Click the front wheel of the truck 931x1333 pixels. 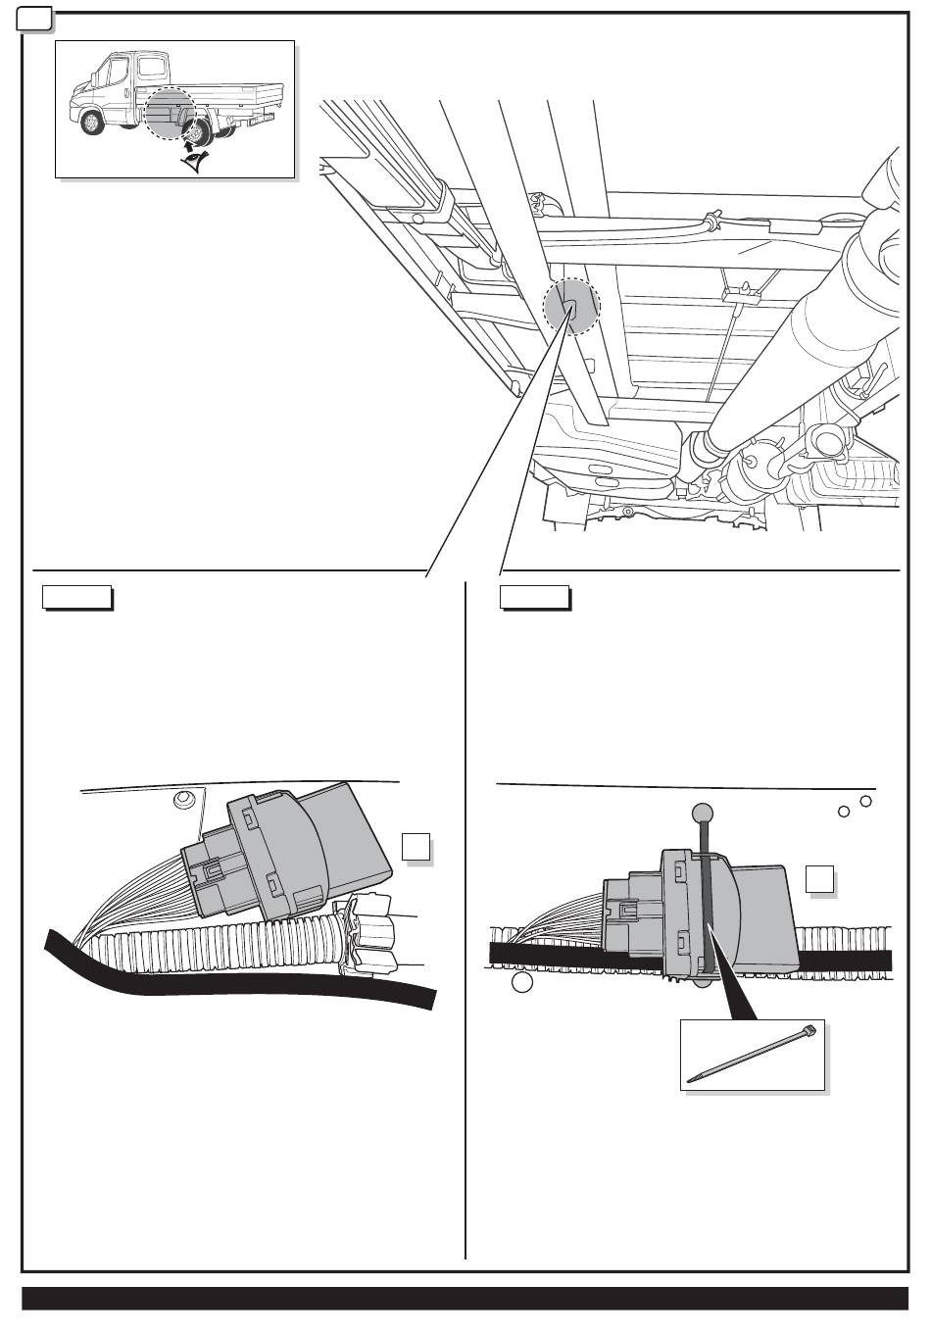tap(92, 122)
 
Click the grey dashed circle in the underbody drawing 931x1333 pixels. tap(570, 304)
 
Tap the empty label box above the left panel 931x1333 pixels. tap(76, 597)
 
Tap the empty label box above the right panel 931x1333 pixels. tap(534, 597)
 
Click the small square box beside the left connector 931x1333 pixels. tap(416, 847)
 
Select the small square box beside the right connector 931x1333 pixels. tap(819, 879)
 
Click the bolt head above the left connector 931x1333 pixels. tap(183, 802)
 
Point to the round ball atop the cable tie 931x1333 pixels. tap(702, 813)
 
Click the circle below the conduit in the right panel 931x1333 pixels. tap(522, 982)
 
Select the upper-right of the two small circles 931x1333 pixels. tap(865, 802)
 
